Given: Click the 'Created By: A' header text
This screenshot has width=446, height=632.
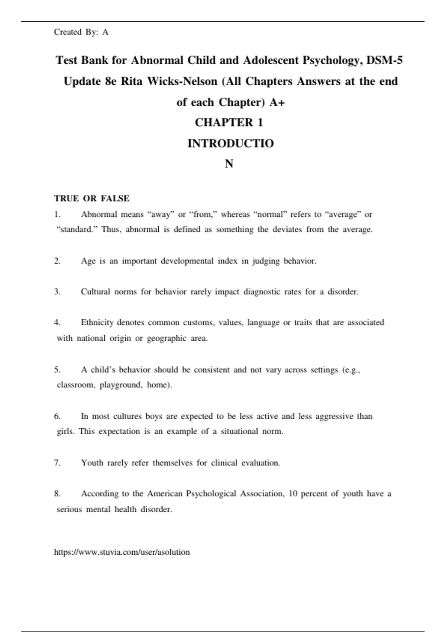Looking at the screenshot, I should click(x=81, y=32).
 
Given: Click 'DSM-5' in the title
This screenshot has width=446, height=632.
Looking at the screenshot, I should click(x=384, y=60).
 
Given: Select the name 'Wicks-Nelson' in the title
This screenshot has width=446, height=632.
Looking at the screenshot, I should click(x=182, y=81).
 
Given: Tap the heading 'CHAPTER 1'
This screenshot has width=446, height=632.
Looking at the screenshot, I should click(x=229, y=123).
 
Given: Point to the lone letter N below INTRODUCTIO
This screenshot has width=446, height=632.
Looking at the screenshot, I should click(x=229, y=164).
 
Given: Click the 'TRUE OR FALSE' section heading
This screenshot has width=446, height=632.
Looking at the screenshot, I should click(x=91, y=199).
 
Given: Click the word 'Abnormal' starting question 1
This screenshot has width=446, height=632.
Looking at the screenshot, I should click(x=99, y=215).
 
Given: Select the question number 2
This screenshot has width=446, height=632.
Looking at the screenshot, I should click(x=57, y=261).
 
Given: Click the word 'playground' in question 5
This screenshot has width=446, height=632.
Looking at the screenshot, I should click(x=121, y=385).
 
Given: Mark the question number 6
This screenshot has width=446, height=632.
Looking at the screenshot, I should click(x=57, y=416).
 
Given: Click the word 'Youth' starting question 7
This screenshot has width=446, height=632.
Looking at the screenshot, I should click(x=92, y=463).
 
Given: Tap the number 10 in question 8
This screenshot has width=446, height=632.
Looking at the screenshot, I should click(x=293, y=494).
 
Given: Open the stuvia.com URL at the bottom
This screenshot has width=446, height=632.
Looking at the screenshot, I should click(x=122, y=552).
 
